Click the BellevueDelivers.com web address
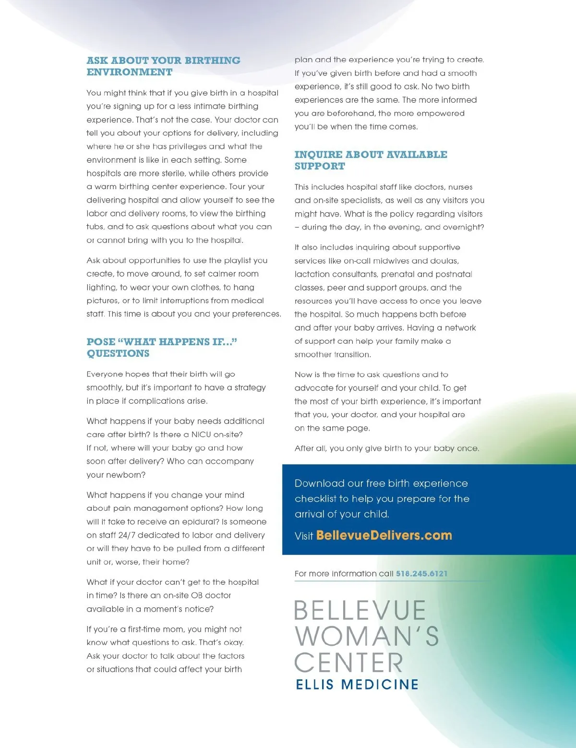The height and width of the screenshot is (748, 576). coord(384,535)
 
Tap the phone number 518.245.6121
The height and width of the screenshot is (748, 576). coord(421,574)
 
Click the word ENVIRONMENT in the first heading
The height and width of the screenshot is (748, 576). coord(130,72)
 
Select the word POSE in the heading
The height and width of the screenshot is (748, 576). coord(101,342)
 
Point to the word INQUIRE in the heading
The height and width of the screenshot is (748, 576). coord(315,155)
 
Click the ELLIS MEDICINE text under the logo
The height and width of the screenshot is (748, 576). coord(357,684)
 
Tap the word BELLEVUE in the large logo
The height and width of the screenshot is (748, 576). coord(360,611)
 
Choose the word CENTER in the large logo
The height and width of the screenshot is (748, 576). coord(349,663)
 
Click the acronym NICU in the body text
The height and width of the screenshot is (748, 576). coord(201,434)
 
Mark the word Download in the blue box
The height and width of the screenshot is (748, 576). coord(320,483)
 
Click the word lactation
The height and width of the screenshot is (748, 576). coord(312,274)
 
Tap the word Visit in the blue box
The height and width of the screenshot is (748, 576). coord(304,536)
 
